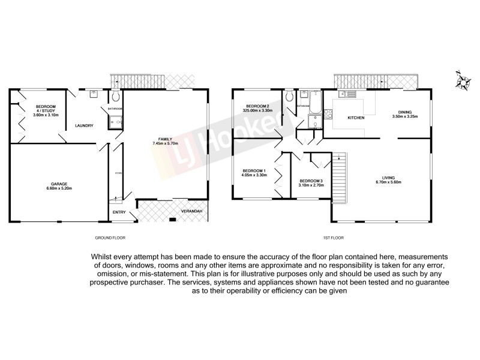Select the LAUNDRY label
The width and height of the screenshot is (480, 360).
tap(83, 126)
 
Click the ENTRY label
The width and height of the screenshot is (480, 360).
tap(119, 212)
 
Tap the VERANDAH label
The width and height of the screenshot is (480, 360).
tap(191, 212)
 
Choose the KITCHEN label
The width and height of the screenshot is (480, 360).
tap(357, 118)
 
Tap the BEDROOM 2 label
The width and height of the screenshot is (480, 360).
tap(257, 106)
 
